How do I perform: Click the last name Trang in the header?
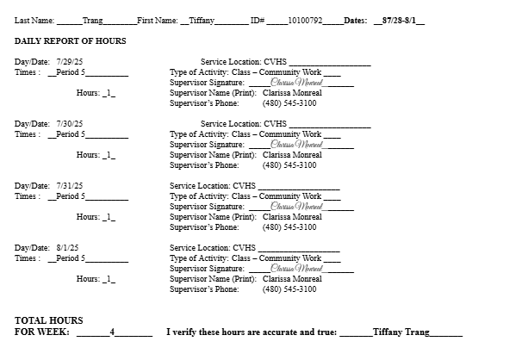pyautogui.click(x=92, y=19)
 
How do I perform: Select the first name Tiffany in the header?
pyautogui.click(x=202, y=19)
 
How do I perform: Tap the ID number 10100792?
pyautogui.click(x=305, y=19)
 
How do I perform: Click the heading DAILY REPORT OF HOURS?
pyautogui.click(x=71, y=40)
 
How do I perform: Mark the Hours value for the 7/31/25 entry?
pyautogui.click(x=109, y=217)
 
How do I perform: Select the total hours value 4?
pyautogui.click(x=112, y=332)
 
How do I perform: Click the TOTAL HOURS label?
pyautogui.click(x=42, y=320)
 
